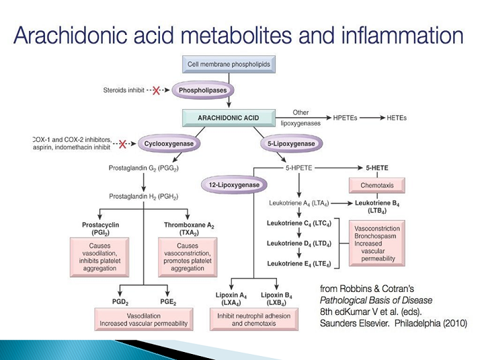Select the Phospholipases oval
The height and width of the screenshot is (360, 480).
[202, 89]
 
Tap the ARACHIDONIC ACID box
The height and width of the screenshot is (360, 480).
[229, 118]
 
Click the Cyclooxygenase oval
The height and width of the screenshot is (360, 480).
[169, 143]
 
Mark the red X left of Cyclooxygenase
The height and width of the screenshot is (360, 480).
[123, 143]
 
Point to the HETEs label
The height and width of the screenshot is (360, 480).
[397, 118]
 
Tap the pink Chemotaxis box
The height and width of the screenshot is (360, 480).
[376, 184]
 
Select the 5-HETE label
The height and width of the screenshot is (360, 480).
[376, 166]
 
